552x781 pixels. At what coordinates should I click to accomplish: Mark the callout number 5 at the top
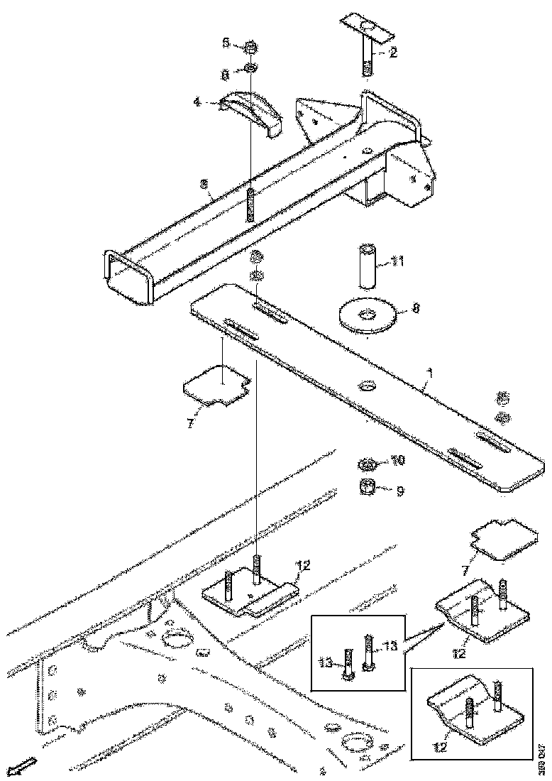226,43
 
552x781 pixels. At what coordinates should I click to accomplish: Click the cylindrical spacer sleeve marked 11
365,266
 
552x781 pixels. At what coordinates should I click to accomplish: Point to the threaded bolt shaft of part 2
368,60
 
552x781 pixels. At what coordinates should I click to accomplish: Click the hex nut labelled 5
250,48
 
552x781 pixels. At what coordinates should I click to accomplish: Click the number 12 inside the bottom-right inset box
440,745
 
